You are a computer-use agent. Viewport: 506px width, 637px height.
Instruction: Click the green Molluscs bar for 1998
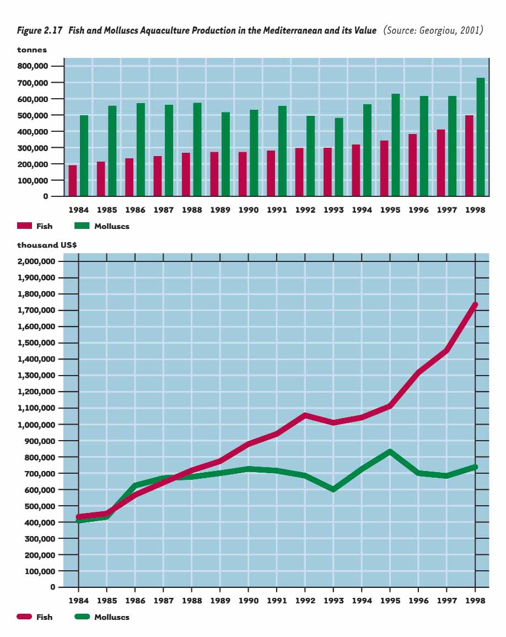(x=481, y=137)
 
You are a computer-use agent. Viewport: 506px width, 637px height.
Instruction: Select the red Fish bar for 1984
(x=73, y=180)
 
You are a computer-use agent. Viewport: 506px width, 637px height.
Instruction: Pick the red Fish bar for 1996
(x=413, y=165)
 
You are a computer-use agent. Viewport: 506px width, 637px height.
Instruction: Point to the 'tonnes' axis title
(x=32, y=50)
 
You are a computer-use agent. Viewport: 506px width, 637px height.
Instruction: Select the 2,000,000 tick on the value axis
(x=36, y=261)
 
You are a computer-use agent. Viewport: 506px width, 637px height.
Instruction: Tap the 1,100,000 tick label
(x=36, y=408)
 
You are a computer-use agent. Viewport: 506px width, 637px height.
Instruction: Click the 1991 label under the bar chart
(x=277, y=210)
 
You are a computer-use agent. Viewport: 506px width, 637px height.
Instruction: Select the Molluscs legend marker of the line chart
(x=82, y=617)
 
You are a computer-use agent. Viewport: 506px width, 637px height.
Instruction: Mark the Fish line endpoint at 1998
(x=475, y=305)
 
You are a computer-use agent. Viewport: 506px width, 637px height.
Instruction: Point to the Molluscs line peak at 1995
(x=390, y=452)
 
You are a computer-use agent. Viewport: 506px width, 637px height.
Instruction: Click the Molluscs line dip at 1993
(x=333, y=489)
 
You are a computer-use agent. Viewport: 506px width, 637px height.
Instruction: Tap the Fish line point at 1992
(x=305, y=415)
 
